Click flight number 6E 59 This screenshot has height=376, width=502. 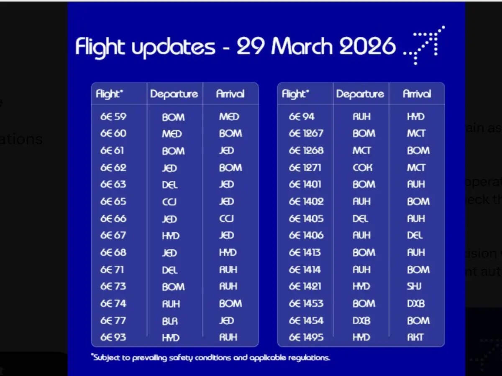pos(113,117)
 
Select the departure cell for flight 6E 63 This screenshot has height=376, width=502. pos(170,185)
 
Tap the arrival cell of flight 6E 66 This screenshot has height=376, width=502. pos(227,218)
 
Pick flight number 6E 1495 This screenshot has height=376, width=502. pos(306,337)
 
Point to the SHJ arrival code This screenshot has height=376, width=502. pos(415,287)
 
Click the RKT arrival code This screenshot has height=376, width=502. pos(416,337)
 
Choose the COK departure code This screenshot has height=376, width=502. pos(362,168)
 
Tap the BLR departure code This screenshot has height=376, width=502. pos(170,321)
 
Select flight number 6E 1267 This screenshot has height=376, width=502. pos(306,133)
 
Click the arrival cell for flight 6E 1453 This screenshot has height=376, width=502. pos(416,304)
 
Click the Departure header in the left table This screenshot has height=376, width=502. pos(174,94)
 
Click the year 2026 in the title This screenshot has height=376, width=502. pos(367,46)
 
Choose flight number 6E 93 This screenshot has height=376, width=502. pos(113,337)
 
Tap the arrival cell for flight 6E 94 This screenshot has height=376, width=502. pos(416,117)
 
